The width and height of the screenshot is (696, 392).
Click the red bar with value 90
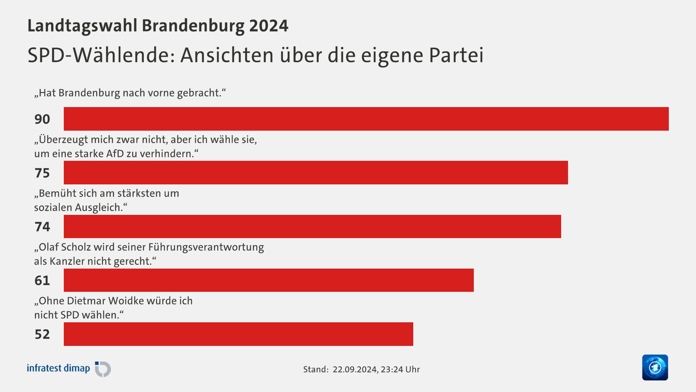[x=366, y=119]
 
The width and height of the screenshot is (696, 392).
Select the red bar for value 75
[x=315, y=172]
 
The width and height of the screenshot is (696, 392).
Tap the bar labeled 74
[x=312, y=226]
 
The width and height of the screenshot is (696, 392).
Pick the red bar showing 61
[x=268, y=280]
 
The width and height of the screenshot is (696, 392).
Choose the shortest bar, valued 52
[x=238, y=334]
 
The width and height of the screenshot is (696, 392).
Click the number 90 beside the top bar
[x=42, y=119]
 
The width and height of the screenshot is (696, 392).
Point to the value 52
[x=42, y=334]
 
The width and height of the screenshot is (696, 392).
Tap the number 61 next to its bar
[x=42, y=280]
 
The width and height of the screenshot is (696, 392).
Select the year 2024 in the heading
[x=269, y=26]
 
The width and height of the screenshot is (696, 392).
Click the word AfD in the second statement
[x=115, y=154]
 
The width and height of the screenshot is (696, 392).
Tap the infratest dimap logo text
[x=58, y=368]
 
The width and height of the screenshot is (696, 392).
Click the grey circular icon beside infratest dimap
[x=103, y=369]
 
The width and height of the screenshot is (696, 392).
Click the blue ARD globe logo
[x=655, y=367]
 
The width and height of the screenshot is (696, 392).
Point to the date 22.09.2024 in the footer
[x=355, y=369]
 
